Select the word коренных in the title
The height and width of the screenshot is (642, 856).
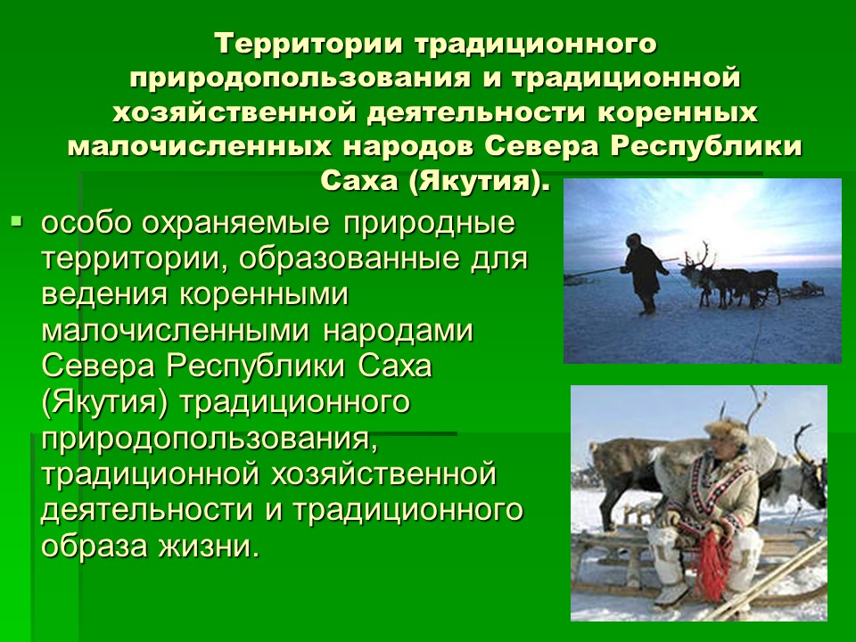click(x=678, y=112)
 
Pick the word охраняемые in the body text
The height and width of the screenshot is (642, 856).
click(x=236, y=224)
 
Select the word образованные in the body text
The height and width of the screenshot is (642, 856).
click(x=348, y=259)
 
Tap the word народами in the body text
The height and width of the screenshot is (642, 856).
click(x=398, y=332)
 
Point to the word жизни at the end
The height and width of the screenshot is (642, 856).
click(x=209, y=546)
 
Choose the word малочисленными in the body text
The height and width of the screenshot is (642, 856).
click(x=176, y=332)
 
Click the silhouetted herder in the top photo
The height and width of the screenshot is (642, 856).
click(x=645, y=274)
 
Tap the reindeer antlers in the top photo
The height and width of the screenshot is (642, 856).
click(x=697, y=256)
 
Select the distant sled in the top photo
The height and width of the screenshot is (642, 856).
click(x=804, y=289)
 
